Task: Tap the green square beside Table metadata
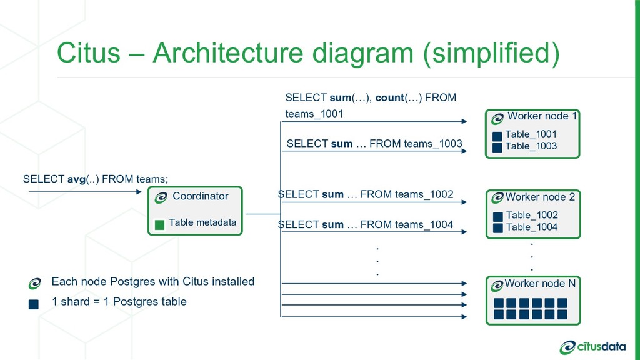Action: (159, 224)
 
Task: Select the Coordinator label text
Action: (201, 196)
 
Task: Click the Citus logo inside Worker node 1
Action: (497, 119)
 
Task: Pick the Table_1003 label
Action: (531, 146)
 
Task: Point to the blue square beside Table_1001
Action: (497, 136)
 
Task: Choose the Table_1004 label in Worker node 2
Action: (532, 227)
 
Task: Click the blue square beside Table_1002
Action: (498, 217)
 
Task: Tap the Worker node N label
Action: (540, 283)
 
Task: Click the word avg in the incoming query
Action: (76, 179)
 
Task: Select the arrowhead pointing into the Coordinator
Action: (139, 191)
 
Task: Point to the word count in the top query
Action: (389, 97)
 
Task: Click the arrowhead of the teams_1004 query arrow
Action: (464, 232)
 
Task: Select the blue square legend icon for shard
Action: (34, 304)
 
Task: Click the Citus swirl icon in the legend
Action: (35, 283)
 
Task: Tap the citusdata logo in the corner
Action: (592, 347)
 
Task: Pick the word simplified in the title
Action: (491, 54)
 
